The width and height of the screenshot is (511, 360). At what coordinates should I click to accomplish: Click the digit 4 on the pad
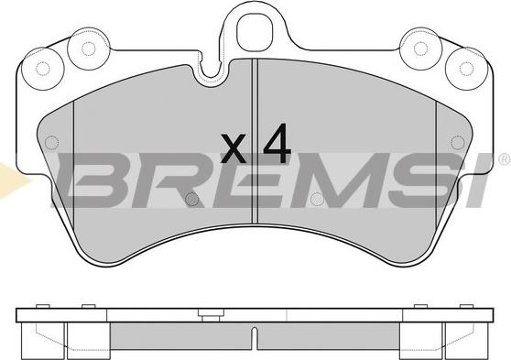click(x=277, y=144)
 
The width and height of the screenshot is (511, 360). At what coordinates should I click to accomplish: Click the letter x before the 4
click(x=233, y=148)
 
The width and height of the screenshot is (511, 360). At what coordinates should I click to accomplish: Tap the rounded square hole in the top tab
click(x=254, y=32)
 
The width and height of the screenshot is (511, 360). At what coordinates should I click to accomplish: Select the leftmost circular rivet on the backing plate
click(x=42, y=69)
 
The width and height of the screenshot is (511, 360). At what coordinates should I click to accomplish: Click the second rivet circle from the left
click(x=88, y=49)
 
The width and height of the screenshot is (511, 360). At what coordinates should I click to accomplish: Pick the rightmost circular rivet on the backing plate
click(x=466, y=69)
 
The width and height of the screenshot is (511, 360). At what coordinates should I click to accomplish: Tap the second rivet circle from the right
click(x=420, y=49)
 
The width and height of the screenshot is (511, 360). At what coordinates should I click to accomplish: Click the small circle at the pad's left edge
click(x=51, y=143)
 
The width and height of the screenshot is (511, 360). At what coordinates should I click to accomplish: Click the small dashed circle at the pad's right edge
click(x=458, y=143)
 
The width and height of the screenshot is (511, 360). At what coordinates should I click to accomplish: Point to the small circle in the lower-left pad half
click(x=191, y=199)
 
